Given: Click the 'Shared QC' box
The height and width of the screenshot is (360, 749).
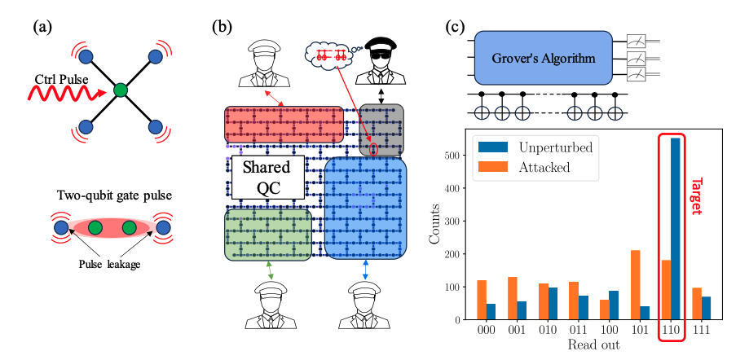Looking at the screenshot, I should pyautogui.click(x=267, y=177).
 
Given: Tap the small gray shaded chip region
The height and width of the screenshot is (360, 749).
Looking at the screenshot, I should pyautogui.click(x=381, y=130).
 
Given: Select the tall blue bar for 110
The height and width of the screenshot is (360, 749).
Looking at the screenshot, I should pyautogui.click(x=675, y=230).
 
